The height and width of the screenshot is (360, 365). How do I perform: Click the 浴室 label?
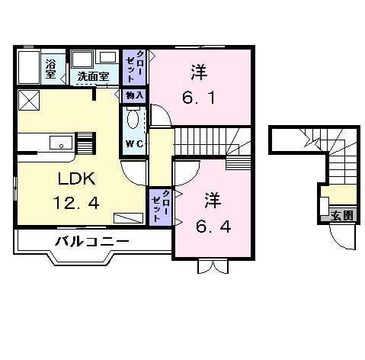(x=51, y=68)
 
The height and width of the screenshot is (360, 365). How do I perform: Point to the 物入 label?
(x=134, y=95)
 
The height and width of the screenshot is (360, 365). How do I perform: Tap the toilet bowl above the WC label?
(x=134, y=120)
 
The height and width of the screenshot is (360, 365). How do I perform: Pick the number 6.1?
(x=199, y=99)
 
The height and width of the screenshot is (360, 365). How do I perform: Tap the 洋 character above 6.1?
(x=199, y=74)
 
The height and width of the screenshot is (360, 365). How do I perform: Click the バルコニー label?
(x=91, y=242)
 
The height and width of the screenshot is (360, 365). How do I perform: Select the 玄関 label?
(x=342, y=215)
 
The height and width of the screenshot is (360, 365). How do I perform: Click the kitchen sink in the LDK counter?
(x=59, y=142)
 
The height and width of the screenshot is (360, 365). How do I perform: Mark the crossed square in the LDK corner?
(x=30, y=99)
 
